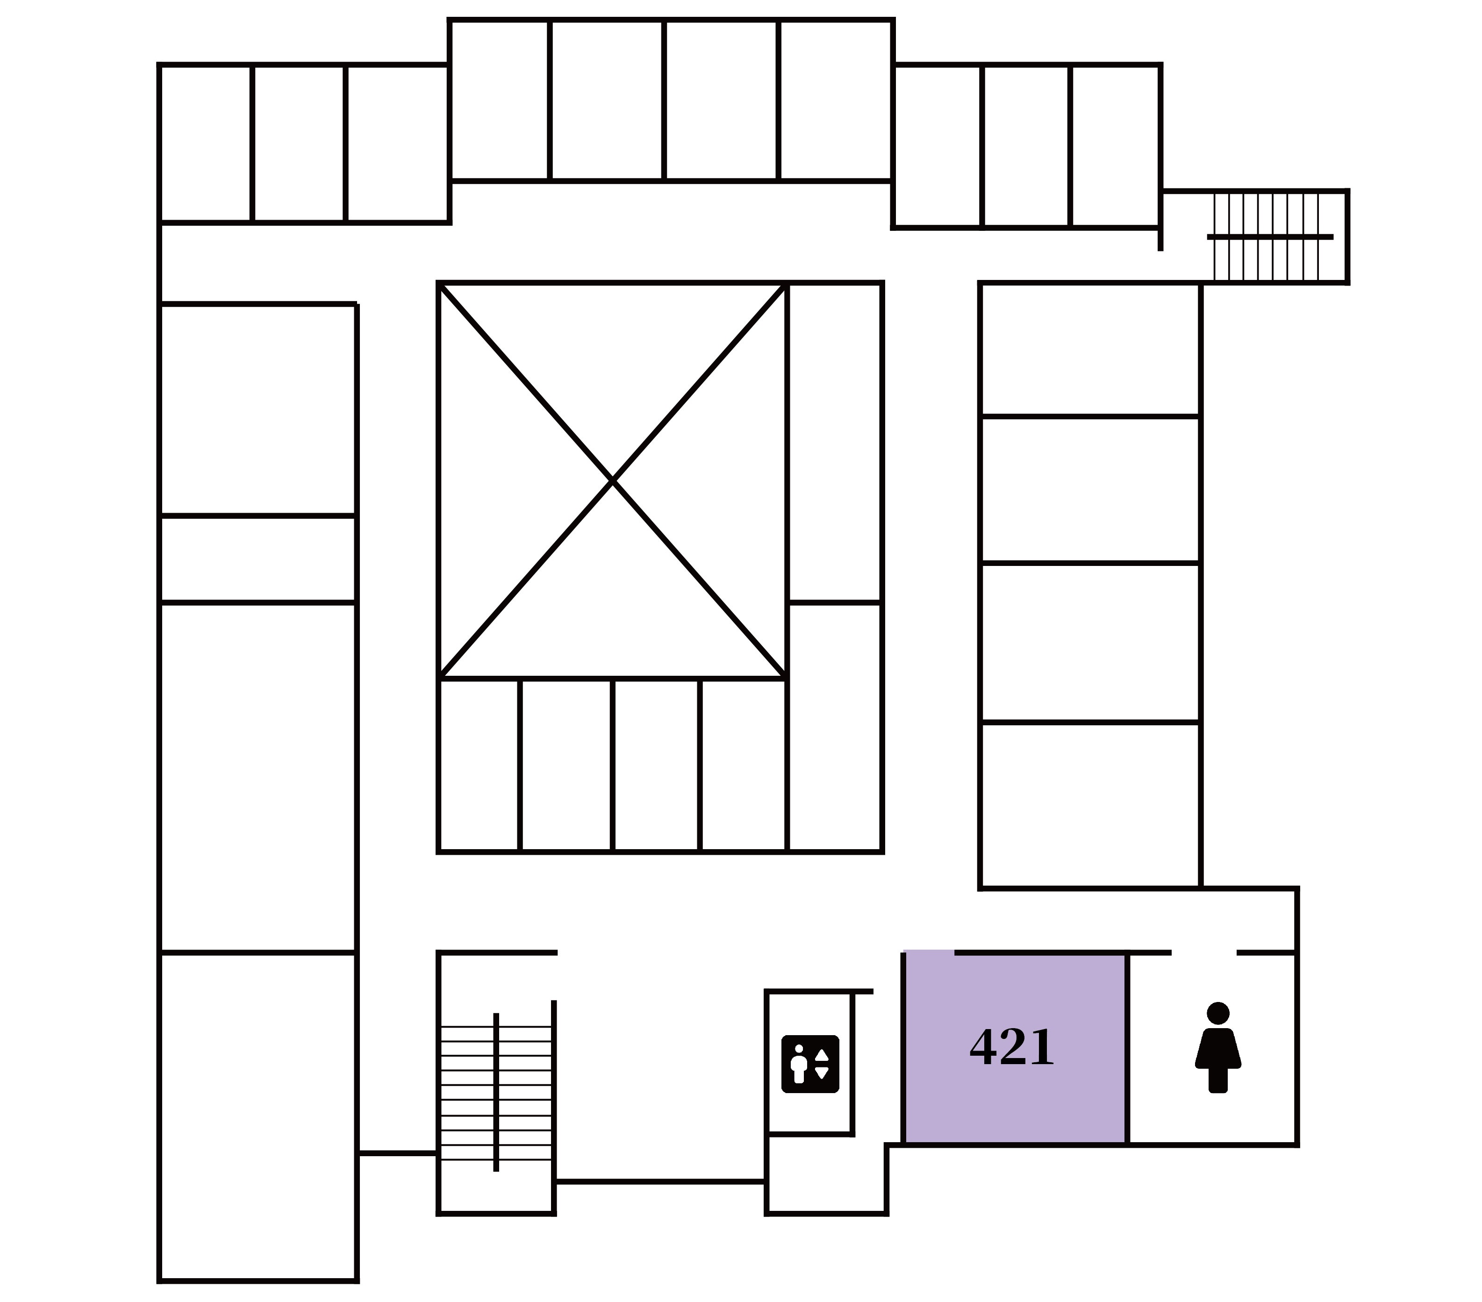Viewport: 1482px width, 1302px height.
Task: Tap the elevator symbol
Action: [810, 1064]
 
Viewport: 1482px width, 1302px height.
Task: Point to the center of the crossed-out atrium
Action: [613, 480]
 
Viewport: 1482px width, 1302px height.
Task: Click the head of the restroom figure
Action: [1218, 1013]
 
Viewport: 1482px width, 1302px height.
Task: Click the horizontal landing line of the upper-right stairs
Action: [1269, 237]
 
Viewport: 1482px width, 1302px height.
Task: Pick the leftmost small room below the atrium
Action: [479, 765]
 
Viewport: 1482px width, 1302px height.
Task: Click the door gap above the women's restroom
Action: [1203, 952]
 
